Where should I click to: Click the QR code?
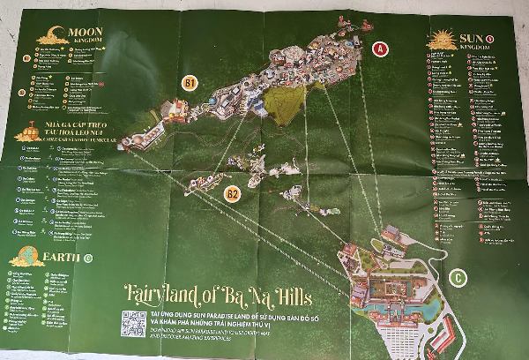click(133, 324)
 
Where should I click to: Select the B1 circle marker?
click(189, 82)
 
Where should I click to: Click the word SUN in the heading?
click(465, 37)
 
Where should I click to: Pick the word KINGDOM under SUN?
click(466, 48)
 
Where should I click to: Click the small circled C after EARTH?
click(88, 259)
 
